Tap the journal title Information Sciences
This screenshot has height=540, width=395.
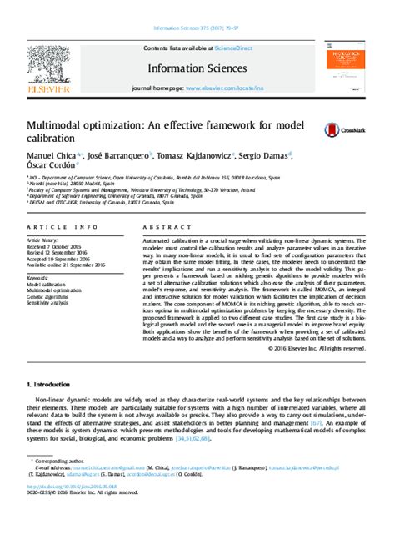click(x=197, y=68)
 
